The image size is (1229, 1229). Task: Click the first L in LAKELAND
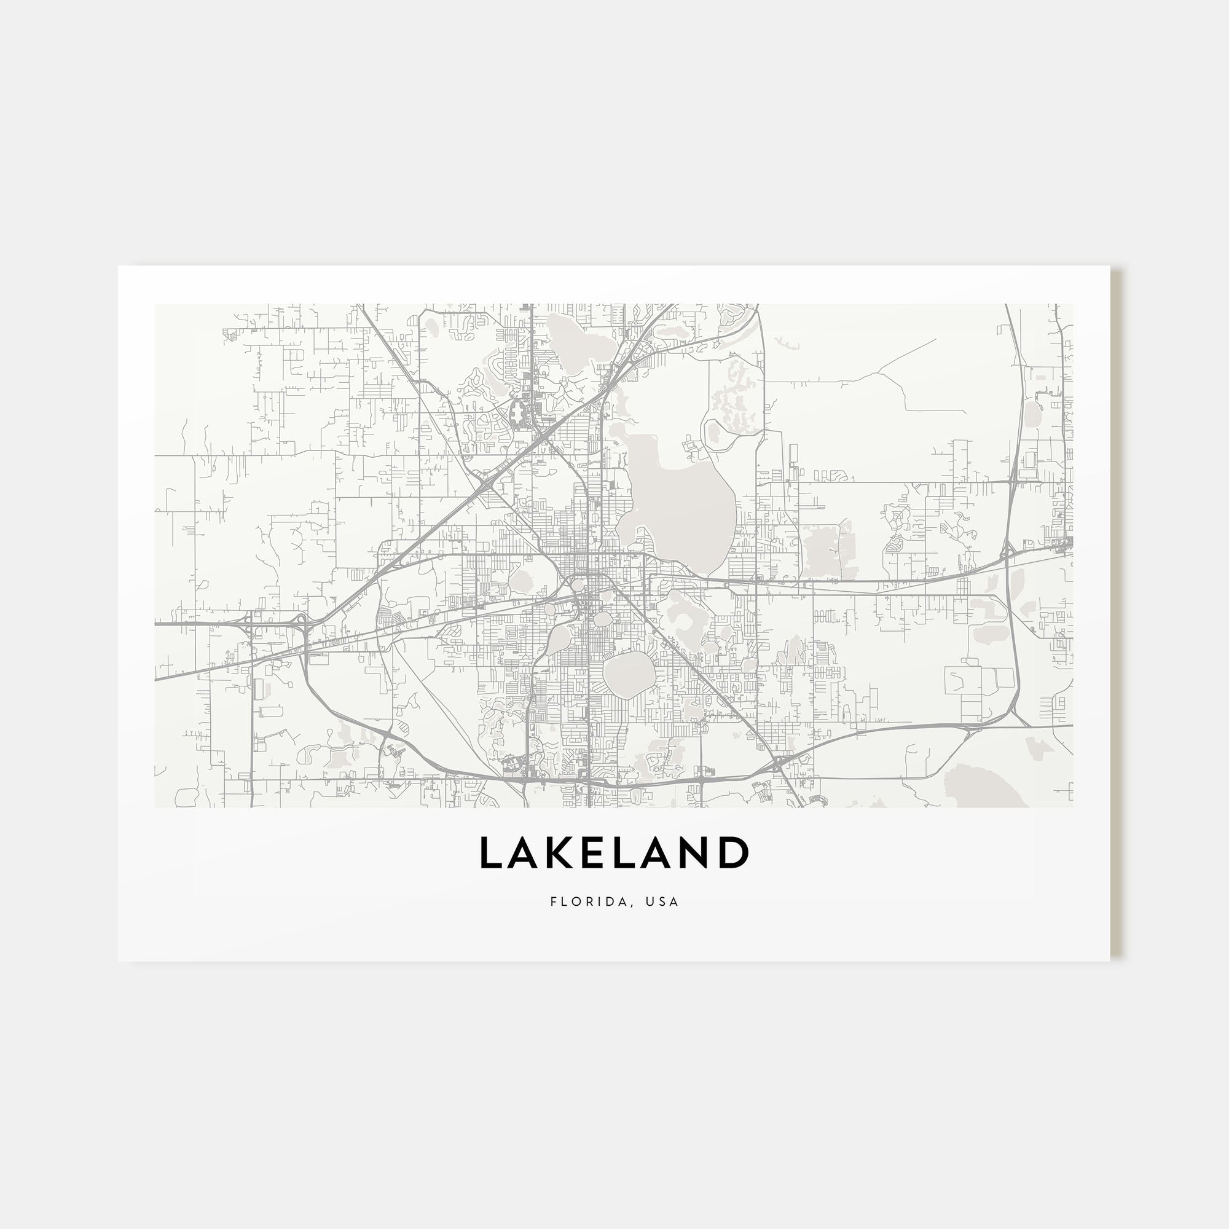[x=492, y=853]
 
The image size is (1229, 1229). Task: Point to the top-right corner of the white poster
[x=1110, y=266]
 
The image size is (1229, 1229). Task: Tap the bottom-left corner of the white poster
[x=119, y=961]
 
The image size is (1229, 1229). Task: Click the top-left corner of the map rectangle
[x=155, y=304]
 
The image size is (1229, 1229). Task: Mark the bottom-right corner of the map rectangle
[x=1072, y=807]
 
